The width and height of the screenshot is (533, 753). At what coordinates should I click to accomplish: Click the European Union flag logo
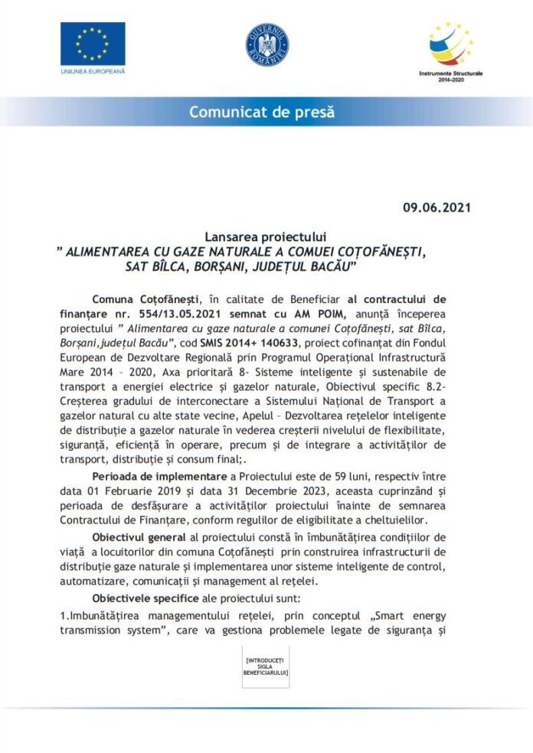tap(93, 44)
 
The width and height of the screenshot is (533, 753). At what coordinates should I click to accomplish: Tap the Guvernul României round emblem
tap(266, 44)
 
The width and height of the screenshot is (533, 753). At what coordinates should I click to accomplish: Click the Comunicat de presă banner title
tap(262, 112)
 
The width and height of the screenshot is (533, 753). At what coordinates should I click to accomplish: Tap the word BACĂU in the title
tap(325, 266)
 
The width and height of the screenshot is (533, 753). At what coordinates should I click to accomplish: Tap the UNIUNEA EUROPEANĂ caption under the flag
tap(92, 71)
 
